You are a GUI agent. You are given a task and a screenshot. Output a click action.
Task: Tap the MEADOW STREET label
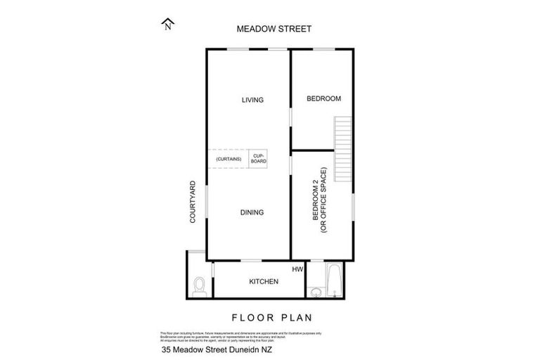click(x=274, y=29)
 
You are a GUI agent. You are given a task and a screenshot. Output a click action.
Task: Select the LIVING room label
click(x=252, y=100)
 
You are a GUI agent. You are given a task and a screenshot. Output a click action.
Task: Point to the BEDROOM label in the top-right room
click(x=323, y=99)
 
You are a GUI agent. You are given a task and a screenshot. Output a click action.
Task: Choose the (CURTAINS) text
click(x=229, y=159)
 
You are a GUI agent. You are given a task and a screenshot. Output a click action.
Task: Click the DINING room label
click(x=252, y=212)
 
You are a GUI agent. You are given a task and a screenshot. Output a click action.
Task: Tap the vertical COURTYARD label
click(x=193, y=202)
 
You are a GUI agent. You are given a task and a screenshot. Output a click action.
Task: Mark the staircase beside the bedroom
click(x=342, y=148)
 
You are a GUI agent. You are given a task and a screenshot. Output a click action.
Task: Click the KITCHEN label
click(x=264, y=282)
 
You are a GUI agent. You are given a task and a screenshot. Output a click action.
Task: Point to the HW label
click(x=297, y=269)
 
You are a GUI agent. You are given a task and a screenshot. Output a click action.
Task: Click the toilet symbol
click(x=199, y=285)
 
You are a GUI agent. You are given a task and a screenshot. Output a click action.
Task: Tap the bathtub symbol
click(x=333, y=280)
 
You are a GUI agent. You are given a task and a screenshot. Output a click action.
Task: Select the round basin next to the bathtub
click(x=315, y=290)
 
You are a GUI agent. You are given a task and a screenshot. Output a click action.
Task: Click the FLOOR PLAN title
click(x=273, y=317)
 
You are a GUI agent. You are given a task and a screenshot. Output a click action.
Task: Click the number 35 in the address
click(x=167, y=349)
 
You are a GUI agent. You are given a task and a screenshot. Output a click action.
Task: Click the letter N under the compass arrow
click(x=167, y=29)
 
